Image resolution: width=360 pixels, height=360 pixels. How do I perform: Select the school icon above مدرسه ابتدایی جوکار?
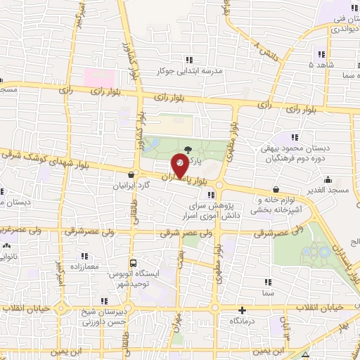pyautogui.click(x=188, y=60)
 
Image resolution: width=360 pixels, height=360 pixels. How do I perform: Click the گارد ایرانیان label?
pyautogui.click(x=131, y=187)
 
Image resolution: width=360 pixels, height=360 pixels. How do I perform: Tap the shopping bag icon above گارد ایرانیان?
pyautogui.click(x=131, y=175)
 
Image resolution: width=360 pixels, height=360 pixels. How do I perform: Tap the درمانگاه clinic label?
pyautogui.click(x=243, y=321)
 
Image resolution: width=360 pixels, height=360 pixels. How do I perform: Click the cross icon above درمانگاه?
pyautogui.click(x=243, y=310)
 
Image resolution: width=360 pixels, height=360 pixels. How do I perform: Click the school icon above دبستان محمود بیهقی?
pyautogui.click(x=295, y=136)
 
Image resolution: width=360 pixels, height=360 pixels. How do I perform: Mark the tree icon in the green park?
pyautogui.click(x=187, y=149)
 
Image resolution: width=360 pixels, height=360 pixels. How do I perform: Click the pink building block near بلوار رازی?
pyautogui.click(x=97, y=75)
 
